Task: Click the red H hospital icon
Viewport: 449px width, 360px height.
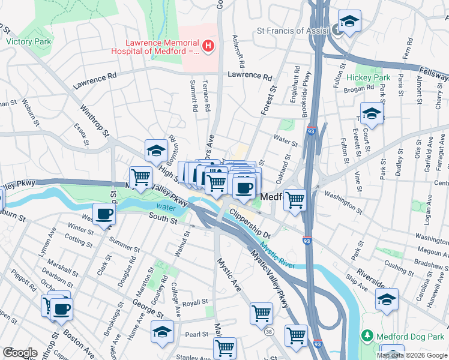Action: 208,45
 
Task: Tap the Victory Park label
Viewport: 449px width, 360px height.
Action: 28,42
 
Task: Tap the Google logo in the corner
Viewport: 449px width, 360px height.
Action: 19,352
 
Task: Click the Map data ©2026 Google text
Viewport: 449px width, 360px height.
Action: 412,355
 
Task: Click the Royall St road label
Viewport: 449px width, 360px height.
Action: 194,303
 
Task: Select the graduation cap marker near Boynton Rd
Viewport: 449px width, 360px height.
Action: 156,150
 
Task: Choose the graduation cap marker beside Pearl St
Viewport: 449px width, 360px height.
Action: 162,331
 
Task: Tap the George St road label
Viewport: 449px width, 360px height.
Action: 147,311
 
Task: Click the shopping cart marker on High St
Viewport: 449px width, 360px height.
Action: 140,178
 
